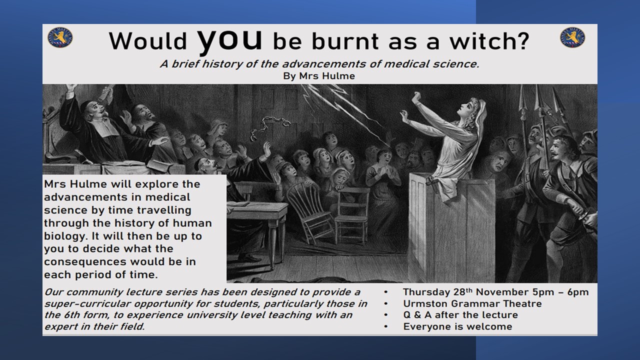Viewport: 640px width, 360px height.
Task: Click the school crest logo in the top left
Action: tap(60, 37)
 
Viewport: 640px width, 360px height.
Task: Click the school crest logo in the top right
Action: tap(572, 37)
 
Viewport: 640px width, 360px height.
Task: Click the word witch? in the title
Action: tap(489, 41)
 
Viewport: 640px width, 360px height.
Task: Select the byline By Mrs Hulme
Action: tap(319, 76)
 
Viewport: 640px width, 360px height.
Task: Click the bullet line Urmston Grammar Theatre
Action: tap(472, 303)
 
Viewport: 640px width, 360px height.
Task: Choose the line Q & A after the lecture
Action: tap(460, 315)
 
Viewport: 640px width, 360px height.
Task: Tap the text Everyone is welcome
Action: tap(457, 326)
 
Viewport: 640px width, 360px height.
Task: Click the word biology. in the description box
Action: tap(64, 236)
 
